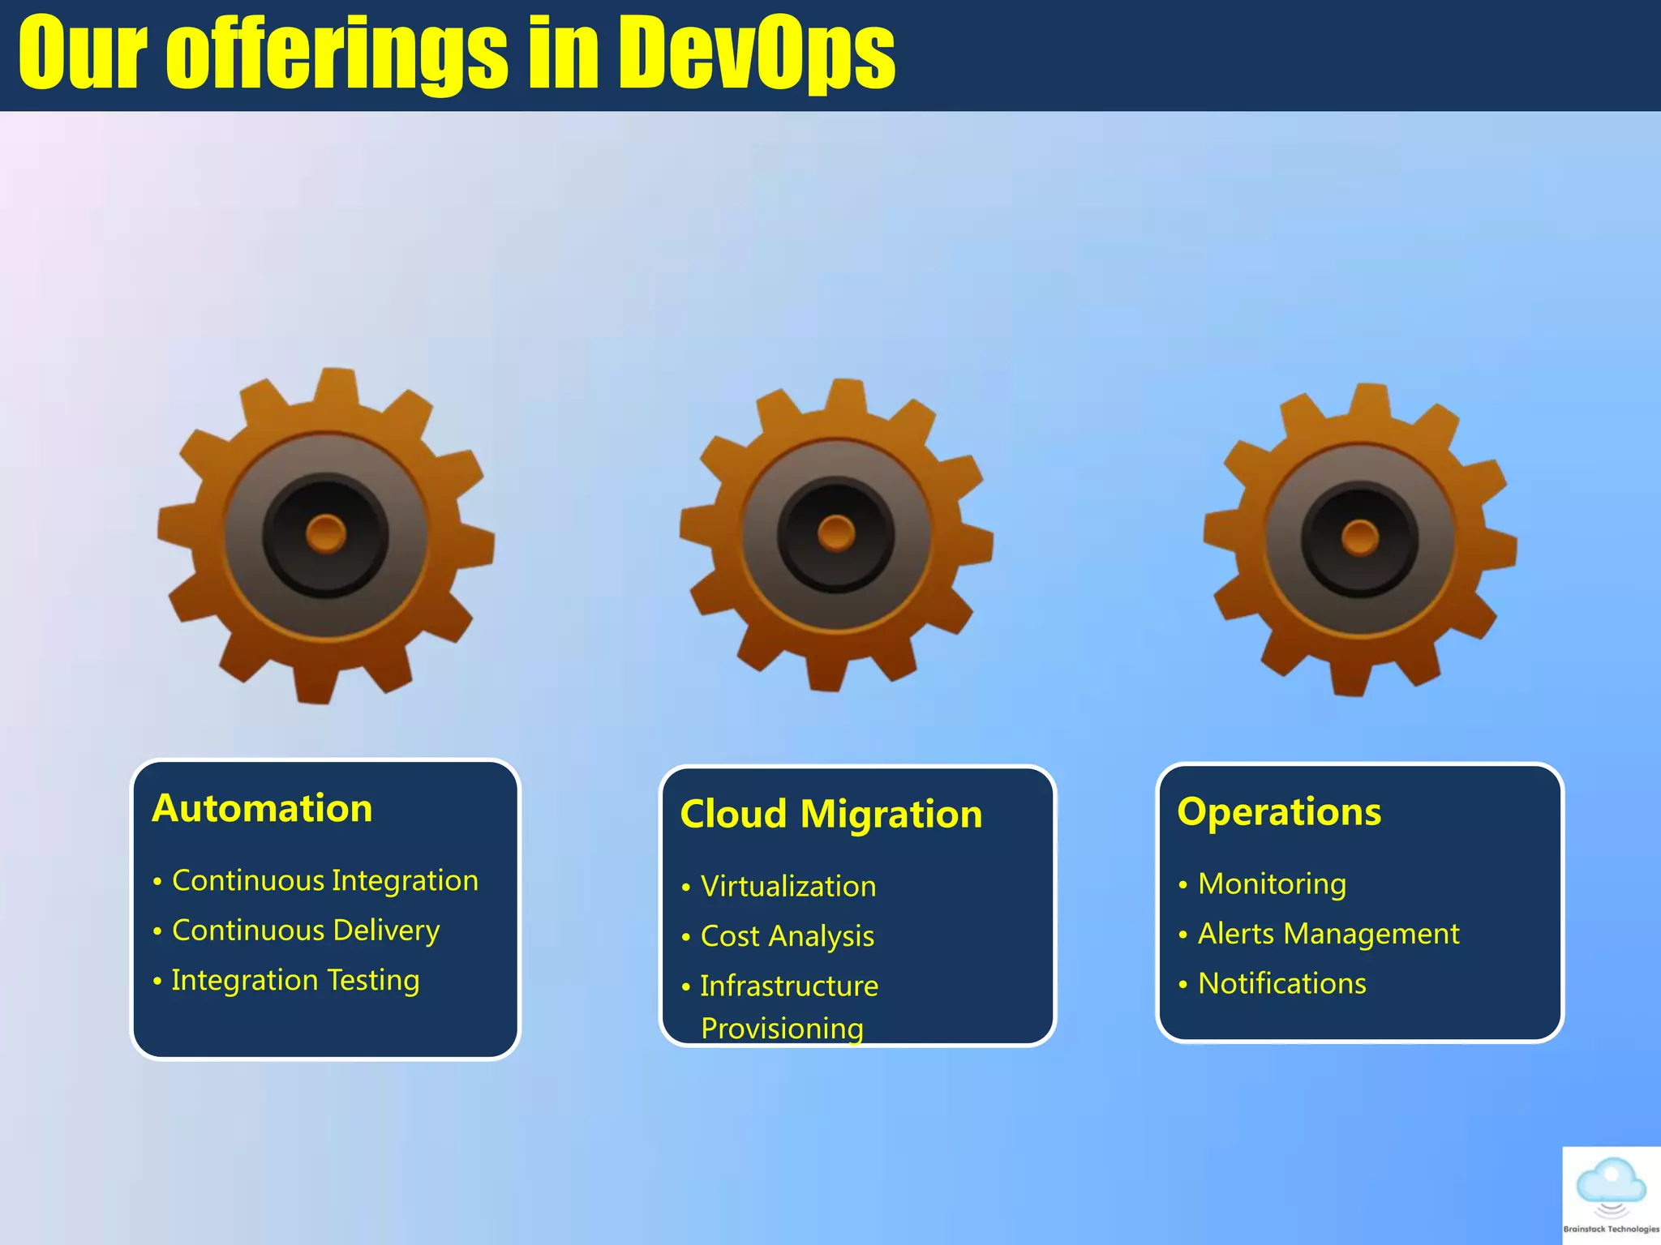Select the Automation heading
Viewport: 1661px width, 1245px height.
click(x=262, y=809)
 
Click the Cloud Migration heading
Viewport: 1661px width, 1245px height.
click(x=831, y=815)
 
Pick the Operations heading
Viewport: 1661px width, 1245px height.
click(x=1279, y=812)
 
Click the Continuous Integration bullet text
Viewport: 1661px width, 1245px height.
click(x=325, y=881)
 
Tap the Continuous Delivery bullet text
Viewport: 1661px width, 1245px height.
click(x=306, y=931)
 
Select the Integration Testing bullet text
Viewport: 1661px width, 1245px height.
click(x=295, y=981)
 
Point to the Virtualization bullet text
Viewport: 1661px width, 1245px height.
click(x=788, y=887)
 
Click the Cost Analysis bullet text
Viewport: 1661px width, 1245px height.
click(x=788, y=937)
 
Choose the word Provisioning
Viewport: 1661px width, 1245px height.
click(x=782, y=1029)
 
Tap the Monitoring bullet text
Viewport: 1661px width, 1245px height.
click(x=1272, y=884)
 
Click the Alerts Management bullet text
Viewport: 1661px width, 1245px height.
click(x=1328, y=934)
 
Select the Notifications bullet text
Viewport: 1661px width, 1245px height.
click(x=1282, y=984)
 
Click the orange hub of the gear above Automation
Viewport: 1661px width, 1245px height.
click(x=326, y=534)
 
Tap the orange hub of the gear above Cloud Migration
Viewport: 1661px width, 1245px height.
click(x=836, y=533)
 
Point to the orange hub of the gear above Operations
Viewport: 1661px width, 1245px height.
click(x=1360, y=537)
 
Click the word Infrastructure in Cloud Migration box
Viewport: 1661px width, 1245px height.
click(x=789, y=986)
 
